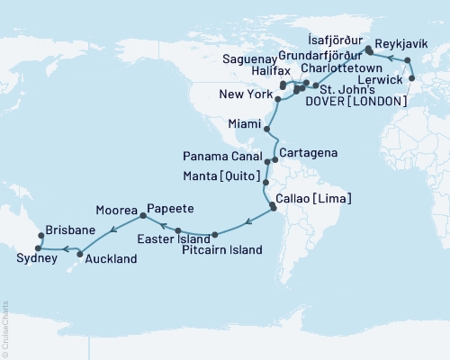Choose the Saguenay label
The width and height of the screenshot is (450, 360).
pyautogui.click(x=255, y=57)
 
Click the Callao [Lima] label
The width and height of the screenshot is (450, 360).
pyautogui.click(x=316, y=198)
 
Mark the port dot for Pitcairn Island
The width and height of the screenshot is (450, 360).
pyautogui.click(x=215, y=236)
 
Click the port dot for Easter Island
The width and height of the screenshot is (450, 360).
pyautogui.click(x=178, y=230)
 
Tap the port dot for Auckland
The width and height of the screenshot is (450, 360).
pyautogui.click(x=80, y=256)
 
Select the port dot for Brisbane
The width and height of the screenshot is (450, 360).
pyautogui.click(x=40, y=238)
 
